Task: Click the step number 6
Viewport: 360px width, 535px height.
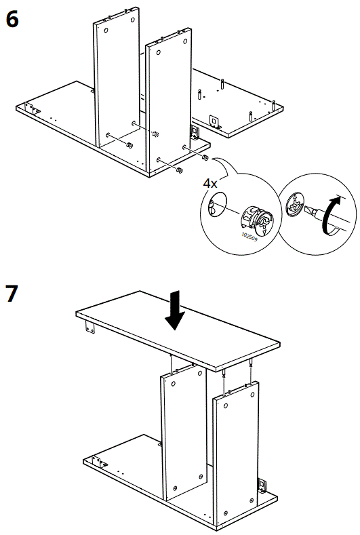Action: [13, 19]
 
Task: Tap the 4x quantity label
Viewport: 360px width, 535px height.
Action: [212, 184]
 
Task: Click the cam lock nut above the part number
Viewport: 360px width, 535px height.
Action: [256, 217]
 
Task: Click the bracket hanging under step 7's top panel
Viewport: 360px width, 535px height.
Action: [89, 329]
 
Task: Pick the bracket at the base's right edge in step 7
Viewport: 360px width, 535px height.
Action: [262, 486]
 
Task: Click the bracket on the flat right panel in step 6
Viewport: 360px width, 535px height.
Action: [214, 121]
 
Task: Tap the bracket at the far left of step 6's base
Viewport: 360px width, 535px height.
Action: [31, 108]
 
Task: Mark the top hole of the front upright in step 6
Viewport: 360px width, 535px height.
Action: [158, 52]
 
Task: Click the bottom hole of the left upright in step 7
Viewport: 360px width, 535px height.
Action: [176, 488]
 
